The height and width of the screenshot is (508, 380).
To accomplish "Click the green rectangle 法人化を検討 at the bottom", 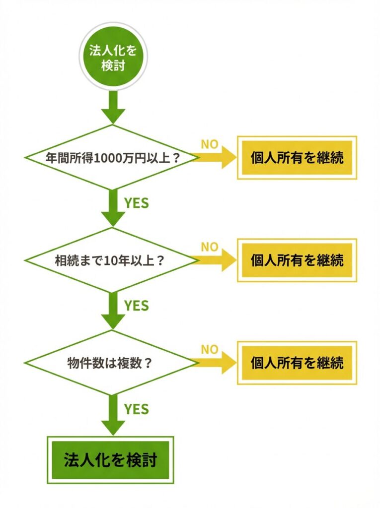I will pyautogui.click(x=110, y=460).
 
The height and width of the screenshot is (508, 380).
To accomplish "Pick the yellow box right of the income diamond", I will pyautogui.click(x=297, y=157).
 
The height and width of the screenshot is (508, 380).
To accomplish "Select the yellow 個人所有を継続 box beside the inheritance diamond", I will pyautogui.click(x=297, y=260).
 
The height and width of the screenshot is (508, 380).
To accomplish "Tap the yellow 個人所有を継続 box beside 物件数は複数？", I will pyautogui.click(x=297, y=363).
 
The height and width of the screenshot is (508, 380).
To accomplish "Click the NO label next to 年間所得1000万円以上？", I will pyautogui.click(x=209, y=144).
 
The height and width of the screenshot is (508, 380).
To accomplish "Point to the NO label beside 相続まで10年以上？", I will pyautogui.click(x=209, y=247).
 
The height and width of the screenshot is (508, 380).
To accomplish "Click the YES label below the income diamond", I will pyautogui.click(x=136, y=203).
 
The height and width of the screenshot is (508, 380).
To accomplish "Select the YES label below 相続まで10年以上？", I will pyautogui.click(x=136, y=306).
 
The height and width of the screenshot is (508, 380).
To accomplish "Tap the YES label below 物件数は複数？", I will pyautogui.click(x=136, y=408).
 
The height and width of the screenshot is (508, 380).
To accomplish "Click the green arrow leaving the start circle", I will pyautogui.click(x=113, y=107).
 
